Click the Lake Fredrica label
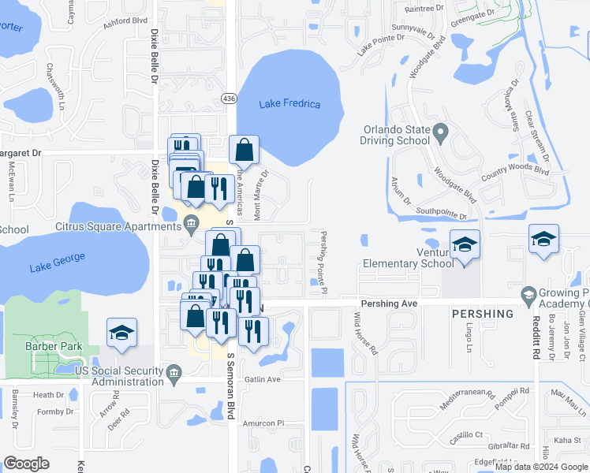click(x=289, y=104)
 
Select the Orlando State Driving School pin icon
click(x=441, y=130)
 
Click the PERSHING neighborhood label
click(x=482, y=313)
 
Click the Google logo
click(x=26, y=464)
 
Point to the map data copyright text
click(x=541, y=467)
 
